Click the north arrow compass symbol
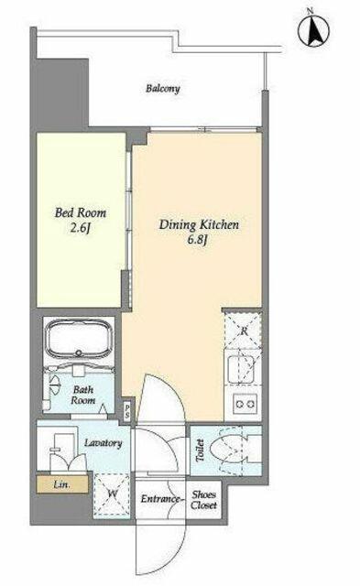(313, 31)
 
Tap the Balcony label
(163, 89)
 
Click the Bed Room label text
(81, 213)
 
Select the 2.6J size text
(81, 228)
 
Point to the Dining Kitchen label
(199, 225)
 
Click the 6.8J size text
(197, 240)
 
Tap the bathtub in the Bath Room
(79, 339)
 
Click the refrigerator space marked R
(243, 331)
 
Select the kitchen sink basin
(241, 369)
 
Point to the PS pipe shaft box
(127, 411)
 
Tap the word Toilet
(200, 450)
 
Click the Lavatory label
(104, 443)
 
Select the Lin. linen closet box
(62, 484)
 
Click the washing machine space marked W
(112, 495)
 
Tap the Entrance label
(160, 499)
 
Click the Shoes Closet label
(203, 500)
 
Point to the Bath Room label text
(83, 395)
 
